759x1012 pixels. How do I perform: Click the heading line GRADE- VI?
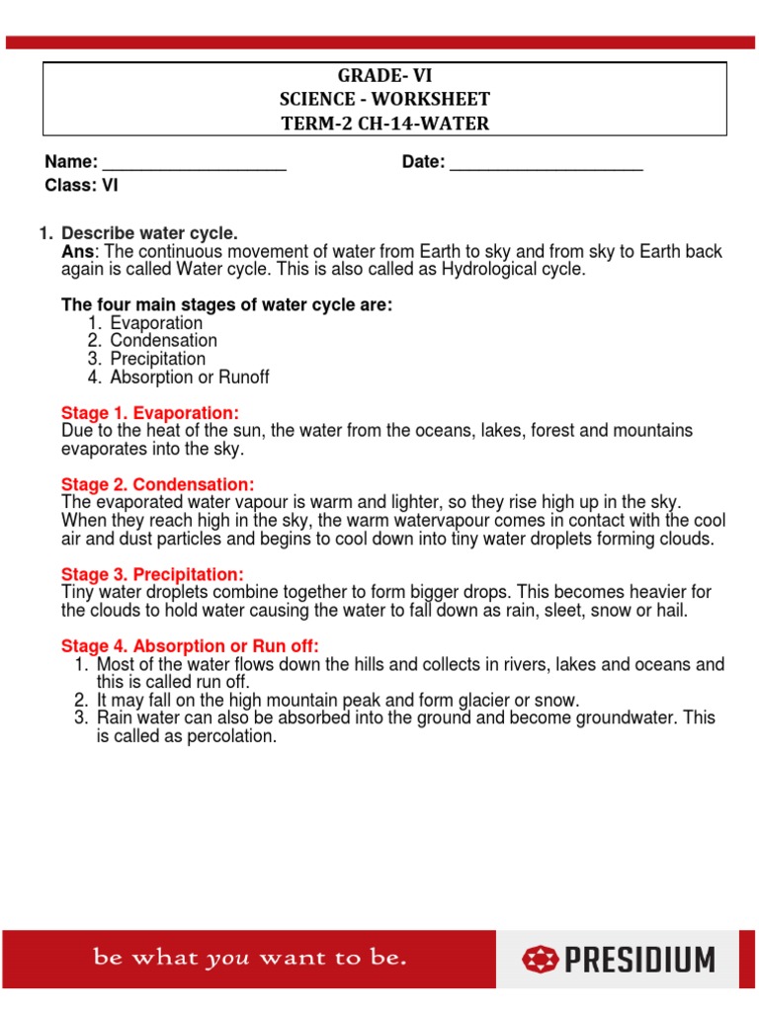(x=385, y=76)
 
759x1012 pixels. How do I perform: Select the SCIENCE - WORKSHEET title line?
(x=385, y=100)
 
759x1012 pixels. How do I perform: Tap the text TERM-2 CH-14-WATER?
(x=385, y=124)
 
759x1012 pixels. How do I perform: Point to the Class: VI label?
(x=82, y=185)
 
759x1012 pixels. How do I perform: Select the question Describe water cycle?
(x=149, y=233)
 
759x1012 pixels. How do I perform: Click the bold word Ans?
(x=75, y=251)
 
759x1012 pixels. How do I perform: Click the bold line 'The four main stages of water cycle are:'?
(x=227, y=305)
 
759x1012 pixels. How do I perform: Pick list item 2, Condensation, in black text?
(x=163, y=341)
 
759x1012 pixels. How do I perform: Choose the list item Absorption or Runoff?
(x=189, y=378)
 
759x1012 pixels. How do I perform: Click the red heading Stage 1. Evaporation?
(x=150, y=412)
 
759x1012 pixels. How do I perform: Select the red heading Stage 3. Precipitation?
(x=152, y=574)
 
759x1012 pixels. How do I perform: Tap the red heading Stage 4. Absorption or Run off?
(x=190, y=646)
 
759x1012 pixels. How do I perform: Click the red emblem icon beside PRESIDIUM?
(x=541, y=959)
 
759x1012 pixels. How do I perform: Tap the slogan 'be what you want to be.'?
(x=249, y=958)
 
